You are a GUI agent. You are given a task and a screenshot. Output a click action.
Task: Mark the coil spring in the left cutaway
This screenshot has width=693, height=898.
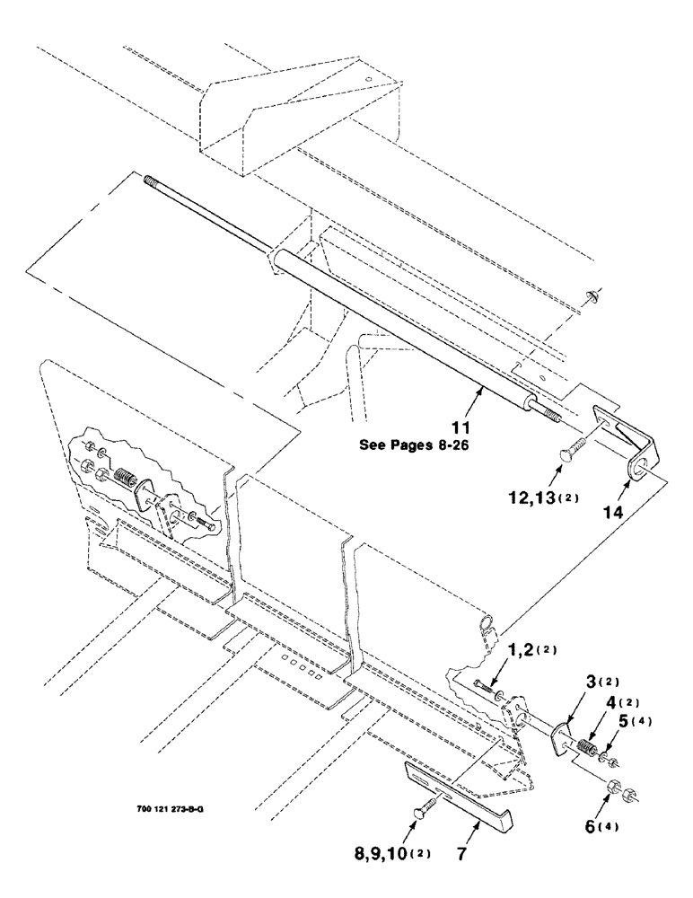pos(127,480)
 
